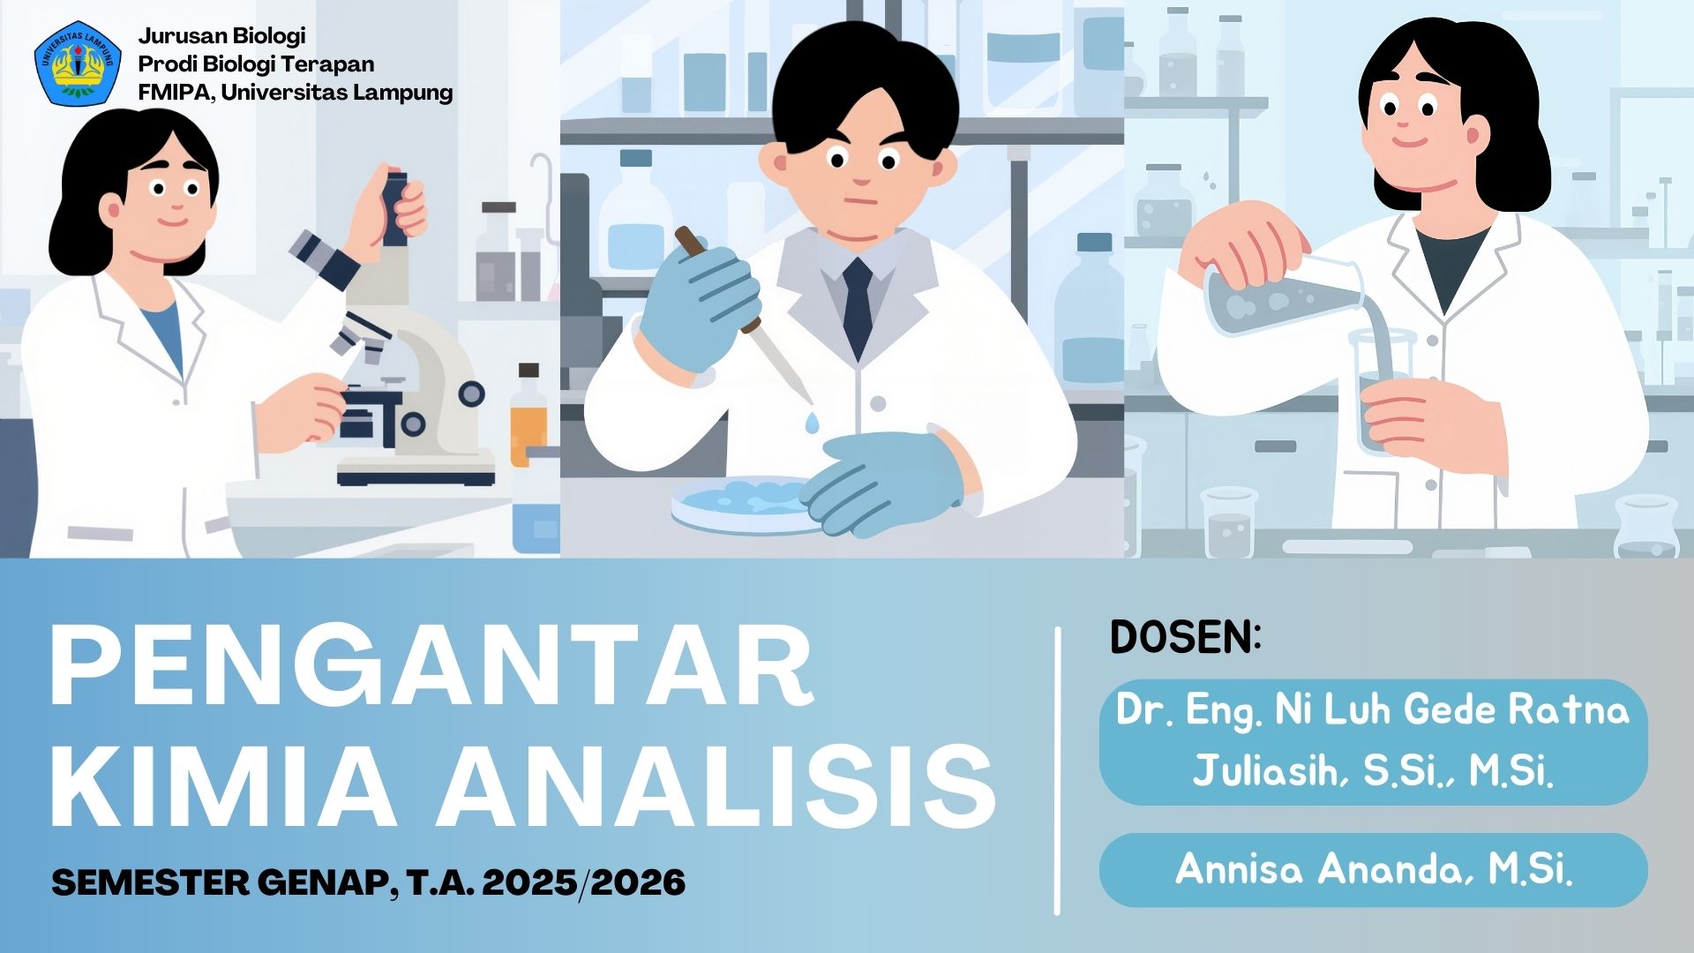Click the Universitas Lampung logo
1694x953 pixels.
coord(78,64)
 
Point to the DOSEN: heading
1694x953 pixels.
coord(1185,637)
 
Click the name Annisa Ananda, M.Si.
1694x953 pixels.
coord(1373,870)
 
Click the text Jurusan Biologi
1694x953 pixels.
coord(221,35)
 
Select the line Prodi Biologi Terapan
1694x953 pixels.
coord(256,64)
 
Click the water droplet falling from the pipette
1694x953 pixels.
coord(812,424)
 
